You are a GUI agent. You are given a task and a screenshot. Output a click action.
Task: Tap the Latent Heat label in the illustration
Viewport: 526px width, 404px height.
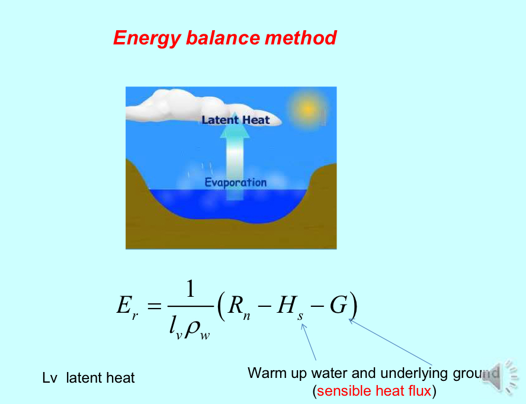235,120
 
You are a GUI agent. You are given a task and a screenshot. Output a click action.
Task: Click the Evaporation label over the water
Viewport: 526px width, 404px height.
235,182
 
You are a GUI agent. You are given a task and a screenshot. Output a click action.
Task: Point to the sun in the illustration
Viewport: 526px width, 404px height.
307,108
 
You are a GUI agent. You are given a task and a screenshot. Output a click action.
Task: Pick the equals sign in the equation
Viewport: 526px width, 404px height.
153,307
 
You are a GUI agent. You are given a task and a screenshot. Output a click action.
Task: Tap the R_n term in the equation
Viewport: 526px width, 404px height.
238,307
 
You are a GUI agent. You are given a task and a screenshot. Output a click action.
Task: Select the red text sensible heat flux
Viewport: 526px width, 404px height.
374,391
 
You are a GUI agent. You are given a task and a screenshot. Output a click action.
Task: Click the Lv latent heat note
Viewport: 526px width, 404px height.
88,377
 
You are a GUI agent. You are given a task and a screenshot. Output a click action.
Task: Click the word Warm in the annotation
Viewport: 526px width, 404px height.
264,373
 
